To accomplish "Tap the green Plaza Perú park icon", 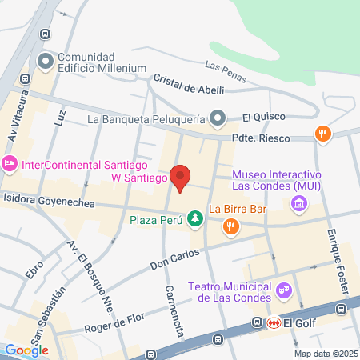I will [x=194, y=218].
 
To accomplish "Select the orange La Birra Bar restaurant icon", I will [x=230, y=226].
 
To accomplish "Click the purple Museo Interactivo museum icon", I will [x=298, y=205].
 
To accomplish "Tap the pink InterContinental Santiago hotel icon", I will [x=10, y=165].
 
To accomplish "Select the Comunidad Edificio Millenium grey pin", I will [x=46, y=61].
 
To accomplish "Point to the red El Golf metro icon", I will [x=274, y=322].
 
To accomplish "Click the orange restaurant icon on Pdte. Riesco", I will [x=323, y=135].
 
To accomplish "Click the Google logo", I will [x=27, y=350].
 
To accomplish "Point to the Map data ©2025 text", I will [x=325, y=354].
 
